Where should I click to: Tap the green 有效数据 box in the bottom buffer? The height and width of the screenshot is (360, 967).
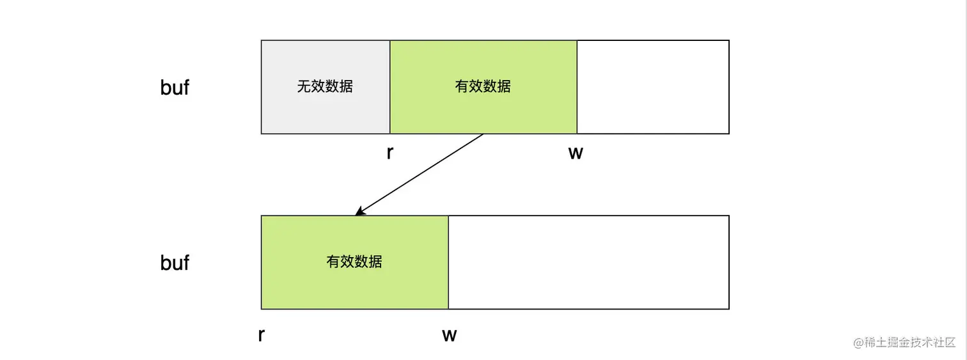pos(354,285)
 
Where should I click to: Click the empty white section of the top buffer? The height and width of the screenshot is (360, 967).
pos(652,87)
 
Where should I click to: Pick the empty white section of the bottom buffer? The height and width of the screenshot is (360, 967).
pos(588,262)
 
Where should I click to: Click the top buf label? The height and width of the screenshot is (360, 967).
pos(175,88)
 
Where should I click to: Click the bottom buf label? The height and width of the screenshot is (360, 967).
pos(175,262)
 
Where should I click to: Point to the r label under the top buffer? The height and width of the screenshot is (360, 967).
pos(389,153)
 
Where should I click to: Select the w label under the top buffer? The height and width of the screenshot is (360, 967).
pos(576,153)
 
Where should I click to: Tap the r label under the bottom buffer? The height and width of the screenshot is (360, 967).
pos(261,334)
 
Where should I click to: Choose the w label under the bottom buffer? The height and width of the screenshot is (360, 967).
pos(449,334)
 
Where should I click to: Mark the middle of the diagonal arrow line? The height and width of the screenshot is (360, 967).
pos(420,174)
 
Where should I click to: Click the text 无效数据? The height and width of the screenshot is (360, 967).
pos(325,86)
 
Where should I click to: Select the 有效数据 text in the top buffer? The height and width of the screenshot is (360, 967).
pos(483,86)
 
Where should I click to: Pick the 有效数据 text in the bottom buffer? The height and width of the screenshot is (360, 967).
pos(354,262)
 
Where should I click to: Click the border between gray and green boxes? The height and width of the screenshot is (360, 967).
pos(390,87)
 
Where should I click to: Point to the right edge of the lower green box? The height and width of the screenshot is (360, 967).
pos(448,262)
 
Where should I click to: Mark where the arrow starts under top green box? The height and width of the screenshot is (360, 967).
pos(483,134)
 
